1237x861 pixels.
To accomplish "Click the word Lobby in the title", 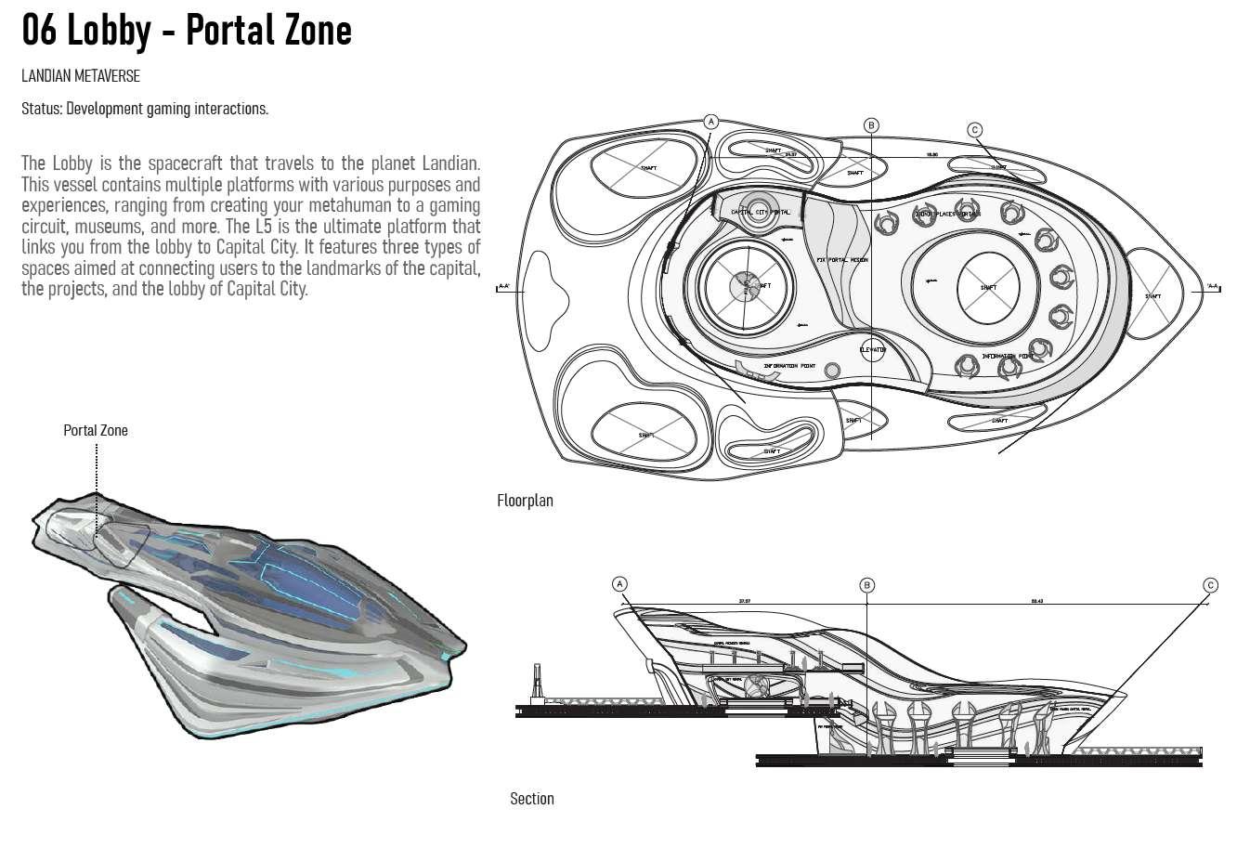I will [x=109, y=30].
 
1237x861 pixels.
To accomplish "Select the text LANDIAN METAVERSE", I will [x=81, y=76].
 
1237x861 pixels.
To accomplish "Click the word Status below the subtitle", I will [x=41, y=109].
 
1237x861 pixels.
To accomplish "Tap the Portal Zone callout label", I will [x=96, y=430].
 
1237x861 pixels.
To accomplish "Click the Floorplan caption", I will [x=525, y=501].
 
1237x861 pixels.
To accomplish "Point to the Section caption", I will [x=531, y=799].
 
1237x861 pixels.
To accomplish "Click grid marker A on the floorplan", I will [x=711, y=122].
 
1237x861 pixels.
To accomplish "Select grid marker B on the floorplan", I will [x=871, y=125].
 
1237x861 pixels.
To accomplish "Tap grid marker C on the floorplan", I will [x=975, y=130].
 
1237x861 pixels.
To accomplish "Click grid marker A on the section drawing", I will [x=620, y=584].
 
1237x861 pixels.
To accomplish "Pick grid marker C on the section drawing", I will [x=1210, y=585].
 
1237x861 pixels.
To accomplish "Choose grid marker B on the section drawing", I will [x=866, y=585].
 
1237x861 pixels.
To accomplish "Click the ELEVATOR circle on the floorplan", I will [x=873, y=350].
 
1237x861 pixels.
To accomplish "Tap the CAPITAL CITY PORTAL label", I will [x=760, y=213].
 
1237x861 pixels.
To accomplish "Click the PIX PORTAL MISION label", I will [x=841, y=260].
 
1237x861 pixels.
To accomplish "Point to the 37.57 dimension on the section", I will [x=744, y=602].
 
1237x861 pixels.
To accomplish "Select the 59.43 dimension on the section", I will [x=1037, y=602].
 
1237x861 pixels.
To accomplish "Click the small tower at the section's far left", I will [x=536, y=685].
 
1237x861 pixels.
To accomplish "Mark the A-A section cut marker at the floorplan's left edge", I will [x=505, y=287].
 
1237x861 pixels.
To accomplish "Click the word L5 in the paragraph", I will [x=264, y=227].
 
